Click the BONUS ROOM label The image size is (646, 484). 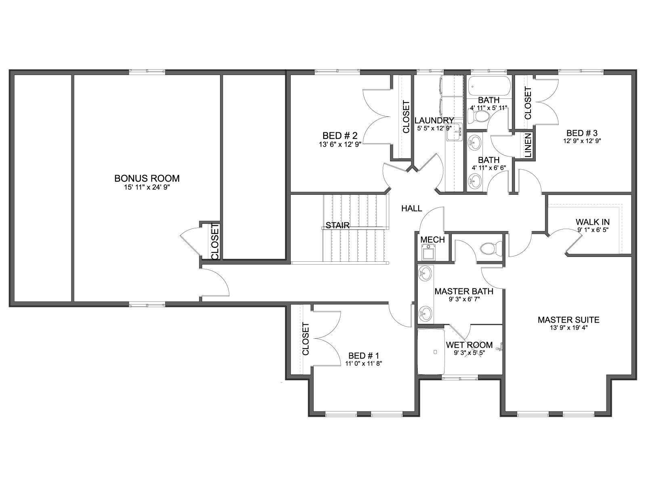[147, 178]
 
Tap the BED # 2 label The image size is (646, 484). [340, 136]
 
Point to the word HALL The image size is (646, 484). [412, 209]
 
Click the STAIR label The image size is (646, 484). [338, 225]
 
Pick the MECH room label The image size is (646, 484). [432, 240]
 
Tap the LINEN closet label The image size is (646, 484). [528, 145]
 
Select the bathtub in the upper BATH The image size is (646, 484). [489, 86]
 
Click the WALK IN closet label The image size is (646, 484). [593, 222]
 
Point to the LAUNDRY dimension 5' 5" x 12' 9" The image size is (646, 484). [434, 128]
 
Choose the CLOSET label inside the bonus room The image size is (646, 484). [215, 242]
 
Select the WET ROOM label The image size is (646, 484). [469, 345]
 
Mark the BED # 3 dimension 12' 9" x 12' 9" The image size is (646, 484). [582, 141]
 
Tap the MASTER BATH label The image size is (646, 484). [464, 292]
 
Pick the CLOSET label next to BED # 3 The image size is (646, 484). [528, 103]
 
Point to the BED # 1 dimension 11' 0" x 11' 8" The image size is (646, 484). [363, 363]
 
